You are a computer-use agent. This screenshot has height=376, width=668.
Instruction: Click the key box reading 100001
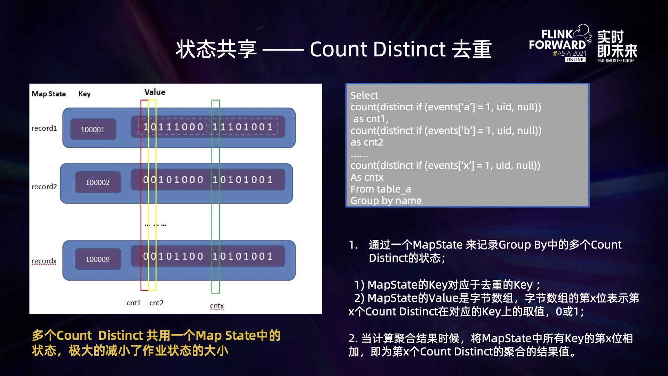tap(93, 129)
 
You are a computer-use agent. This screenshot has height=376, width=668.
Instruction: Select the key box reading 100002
tap(98, 182)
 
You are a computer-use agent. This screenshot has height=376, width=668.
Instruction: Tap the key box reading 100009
tap(98, 259)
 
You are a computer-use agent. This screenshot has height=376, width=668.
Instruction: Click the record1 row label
tap(44, 128)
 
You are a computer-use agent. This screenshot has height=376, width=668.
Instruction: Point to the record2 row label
tap(44, 187)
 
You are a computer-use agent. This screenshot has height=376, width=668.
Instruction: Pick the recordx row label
tap(44, 261)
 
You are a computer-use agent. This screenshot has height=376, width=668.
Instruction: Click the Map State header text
tap(49, 94)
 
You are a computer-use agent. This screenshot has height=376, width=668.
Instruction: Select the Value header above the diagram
tap(155, 92)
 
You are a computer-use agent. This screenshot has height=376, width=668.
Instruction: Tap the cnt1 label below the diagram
tap(134, 303)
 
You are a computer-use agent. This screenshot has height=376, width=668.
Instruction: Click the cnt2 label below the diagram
tap(156, 303)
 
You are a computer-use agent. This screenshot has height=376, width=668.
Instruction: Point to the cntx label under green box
tap(217, 306)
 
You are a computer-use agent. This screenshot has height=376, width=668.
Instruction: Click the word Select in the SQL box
tap(364, 95)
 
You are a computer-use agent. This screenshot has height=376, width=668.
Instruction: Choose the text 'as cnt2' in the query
tap(367, 142)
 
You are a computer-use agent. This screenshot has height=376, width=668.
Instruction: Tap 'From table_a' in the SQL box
tap(381, 189)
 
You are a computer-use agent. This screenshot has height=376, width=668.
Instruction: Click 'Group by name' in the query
tap(386, 201)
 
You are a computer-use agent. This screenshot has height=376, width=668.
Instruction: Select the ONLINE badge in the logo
tap(575, 60)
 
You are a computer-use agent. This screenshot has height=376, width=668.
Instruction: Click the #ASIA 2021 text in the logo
tap(570, 53)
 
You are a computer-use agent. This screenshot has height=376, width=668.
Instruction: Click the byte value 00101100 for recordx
tap(173, 257)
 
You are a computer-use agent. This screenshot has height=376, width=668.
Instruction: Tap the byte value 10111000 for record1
tap(173, 127)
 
